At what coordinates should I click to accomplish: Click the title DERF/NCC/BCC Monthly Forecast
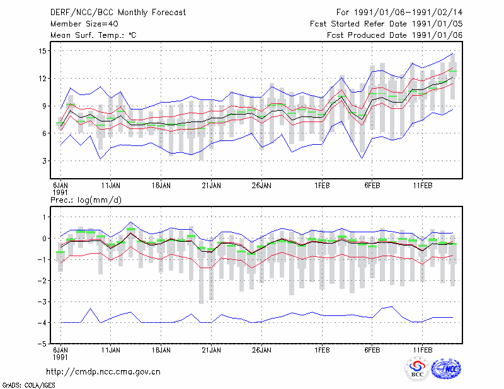pyautogui.click(x=118, y=13)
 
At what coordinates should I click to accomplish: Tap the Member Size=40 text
pyautogui.click(x=84, y=24)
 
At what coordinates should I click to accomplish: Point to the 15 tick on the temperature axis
pyautogui.click(x=42, y=51)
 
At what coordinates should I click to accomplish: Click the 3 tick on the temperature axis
pyautogui.click(x=44, y=161)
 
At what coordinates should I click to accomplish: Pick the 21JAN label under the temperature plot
pyautogui.click(x=211, y=186)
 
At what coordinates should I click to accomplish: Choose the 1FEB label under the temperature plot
pyautogui.click(x=322, y=186)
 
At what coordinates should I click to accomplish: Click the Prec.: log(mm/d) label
pyautogui.click(x=86, y=200)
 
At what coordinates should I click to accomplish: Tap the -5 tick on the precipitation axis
pyautogui.click(x=42, y=344)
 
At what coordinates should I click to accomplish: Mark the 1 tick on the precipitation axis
pyautogui.click(x=45, y=217)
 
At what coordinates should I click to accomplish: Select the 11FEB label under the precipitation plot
pyautogui.click(x=422, y=350)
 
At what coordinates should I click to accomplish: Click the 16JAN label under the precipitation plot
pyautogui.click(x=161, y=350)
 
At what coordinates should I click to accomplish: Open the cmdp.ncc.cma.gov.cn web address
pyautogui.click(x=103, y=372)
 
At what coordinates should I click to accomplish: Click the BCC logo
pyautogui.click(x=417, y=369)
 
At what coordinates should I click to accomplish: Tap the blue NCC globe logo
pyautogui.click(x=446, y=369)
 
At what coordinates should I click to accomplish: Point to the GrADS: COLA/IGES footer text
pyautogui.click(x=28, y=385)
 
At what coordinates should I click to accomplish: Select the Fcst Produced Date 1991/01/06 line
pyautogui.click(x=395, y=35)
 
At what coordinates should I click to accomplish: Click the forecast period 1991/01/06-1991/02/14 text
pyautogui.click(x=408, y=13)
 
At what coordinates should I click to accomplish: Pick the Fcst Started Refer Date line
pyautogui.click(x=386, y=24)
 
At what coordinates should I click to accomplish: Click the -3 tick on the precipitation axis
pyautogui.click(x=42, y=302)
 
